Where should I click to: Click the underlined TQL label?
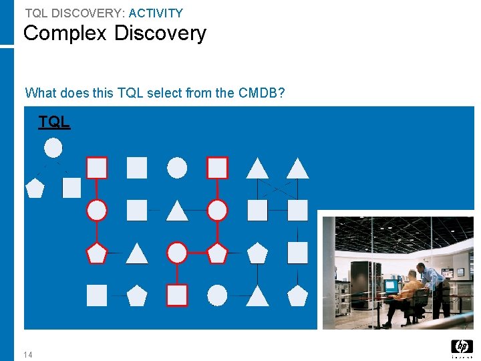[53, 122]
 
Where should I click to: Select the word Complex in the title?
[65, 33]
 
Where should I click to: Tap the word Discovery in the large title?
[160, 33]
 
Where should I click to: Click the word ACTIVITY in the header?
[156, 13]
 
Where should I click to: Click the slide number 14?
[27, 354]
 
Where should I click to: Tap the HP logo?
[462, 346]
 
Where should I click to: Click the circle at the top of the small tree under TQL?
[53, 148]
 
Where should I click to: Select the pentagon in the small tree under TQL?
[35, 188]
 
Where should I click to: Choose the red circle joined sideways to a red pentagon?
[177, 253]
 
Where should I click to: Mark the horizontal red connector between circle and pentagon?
[197, 253]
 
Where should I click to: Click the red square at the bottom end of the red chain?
[177, 295]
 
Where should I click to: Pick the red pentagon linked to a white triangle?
[97, 253]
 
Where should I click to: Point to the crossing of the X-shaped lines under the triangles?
[277, 189]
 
